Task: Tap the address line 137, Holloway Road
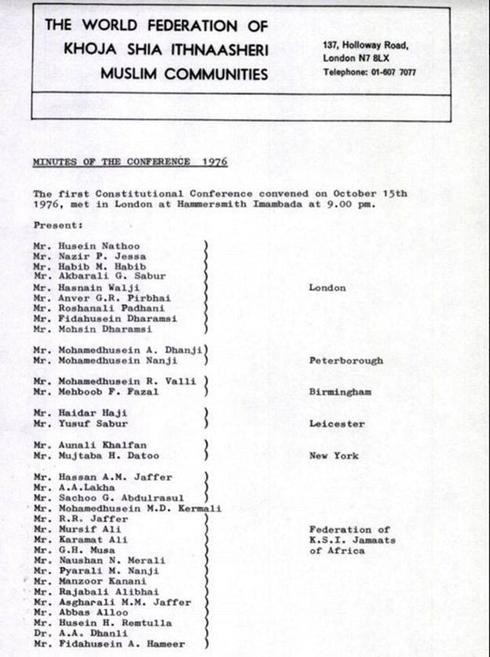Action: click(365, 46)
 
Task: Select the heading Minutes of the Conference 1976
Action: click(130, 162)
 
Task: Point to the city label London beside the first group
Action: click(327, 288)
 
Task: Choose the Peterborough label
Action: click(346, 361)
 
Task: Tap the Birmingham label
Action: click(340, 392)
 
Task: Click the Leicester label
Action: click(337, 424)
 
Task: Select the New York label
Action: click(334, 456)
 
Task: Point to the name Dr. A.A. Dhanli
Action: click(81, 634)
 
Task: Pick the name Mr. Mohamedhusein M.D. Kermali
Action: click(127, 509)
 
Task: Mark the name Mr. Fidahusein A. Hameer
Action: click(109, 644)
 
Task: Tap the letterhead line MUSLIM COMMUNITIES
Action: click(183, 74)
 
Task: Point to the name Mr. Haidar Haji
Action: click(80, 414)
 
